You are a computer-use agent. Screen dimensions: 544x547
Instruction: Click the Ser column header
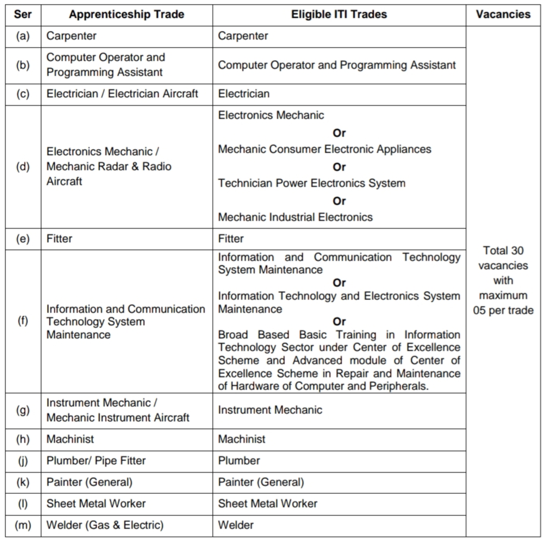point(23,14)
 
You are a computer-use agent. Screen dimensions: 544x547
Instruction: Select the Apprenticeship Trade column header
point(126,14)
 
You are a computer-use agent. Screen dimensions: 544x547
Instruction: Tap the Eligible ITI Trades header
point(339,14)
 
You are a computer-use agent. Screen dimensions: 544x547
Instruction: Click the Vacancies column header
point(503,14)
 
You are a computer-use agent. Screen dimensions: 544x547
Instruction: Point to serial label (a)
point(23,36)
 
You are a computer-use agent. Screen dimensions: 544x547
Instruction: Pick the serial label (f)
point(23,322)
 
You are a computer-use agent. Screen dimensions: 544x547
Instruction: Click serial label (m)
point(23,525)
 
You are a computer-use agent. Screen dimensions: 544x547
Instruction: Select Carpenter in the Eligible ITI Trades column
point(243,36)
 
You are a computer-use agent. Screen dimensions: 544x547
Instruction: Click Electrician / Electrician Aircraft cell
point(122,94)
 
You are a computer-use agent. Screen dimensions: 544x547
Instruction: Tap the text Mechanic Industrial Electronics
point(295,217)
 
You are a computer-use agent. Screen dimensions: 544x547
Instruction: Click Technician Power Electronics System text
point(312,183)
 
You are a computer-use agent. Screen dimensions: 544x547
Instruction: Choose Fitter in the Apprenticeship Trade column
point(59,239)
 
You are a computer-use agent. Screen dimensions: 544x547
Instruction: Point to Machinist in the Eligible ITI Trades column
point(242,439)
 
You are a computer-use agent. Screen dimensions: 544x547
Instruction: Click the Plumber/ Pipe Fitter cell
point(96,460)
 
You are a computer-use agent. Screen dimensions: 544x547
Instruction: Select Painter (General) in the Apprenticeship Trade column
point(89,482)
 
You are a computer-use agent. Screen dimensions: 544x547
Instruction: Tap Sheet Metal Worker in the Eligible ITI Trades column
point(268,503)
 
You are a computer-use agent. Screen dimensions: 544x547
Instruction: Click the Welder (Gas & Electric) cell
point(105,525)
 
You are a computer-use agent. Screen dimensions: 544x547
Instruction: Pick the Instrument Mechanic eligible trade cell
point(270,410)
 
